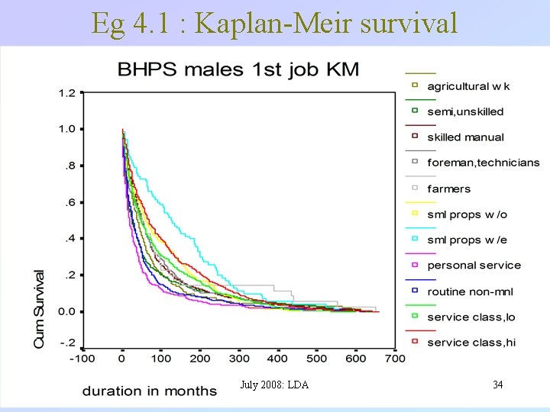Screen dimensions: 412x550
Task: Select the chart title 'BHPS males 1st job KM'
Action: coord(238,70)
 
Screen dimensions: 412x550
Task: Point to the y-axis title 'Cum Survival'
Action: coord(40,308)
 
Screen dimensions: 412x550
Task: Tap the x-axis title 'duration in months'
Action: coord(150,391)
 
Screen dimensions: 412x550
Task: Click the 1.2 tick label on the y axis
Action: coord(66,93)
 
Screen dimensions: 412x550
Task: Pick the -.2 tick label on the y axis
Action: coord(66,343)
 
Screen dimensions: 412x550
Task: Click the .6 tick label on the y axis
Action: coord(70,202)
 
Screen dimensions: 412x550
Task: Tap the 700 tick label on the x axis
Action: coord(395,358)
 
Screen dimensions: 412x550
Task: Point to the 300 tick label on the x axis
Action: coord(239,358)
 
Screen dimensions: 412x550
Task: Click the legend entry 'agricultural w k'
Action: coord(467,85)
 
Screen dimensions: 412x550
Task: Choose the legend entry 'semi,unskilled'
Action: coord(465,111)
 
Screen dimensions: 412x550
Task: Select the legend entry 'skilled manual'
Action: coord(465,137)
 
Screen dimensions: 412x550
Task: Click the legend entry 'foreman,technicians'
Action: coord(483,163)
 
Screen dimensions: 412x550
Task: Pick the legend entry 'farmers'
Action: coord(449,188)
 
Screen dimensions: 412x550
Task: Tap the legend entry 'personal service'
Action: coord(474,266)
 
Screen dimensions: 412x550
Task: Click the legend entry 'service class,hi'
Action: coord(471,343)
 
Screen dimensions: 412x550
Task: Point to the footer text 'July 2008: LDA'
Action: coord(273,385)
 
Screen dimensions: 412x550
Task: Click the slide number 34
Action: coord(498,385)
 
